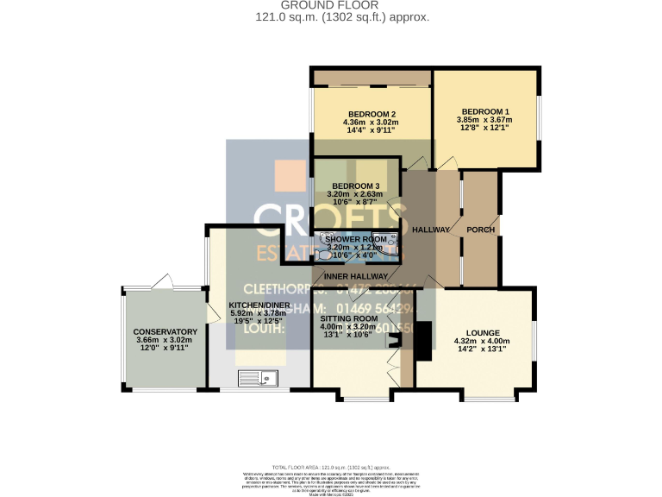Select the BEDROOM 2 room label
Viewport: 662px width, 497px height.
(372, 115)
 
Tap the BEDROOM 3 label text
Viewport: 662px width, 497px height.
(355, 186)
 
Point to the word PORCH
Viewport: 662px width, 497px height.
(480, 230)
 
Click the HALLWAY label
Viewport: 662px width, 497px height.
(430, 230)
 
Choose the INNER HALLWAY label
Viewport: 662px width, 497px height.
(362, 276)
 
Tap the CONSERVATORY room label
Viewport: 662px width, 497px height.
(165, 332)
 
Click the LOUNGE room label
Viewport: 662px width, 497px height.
(483, 332)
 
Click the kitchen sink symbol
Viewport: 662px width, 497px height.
(259, 376)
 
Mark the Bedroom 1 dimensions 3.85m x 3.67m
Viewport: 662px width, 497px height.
(484, 120)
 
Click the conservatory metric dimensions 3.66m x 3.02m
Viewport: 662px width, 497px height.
(165, 341)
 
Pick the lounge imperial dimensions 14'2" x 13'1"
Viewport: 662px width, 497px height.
(483, 349)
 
